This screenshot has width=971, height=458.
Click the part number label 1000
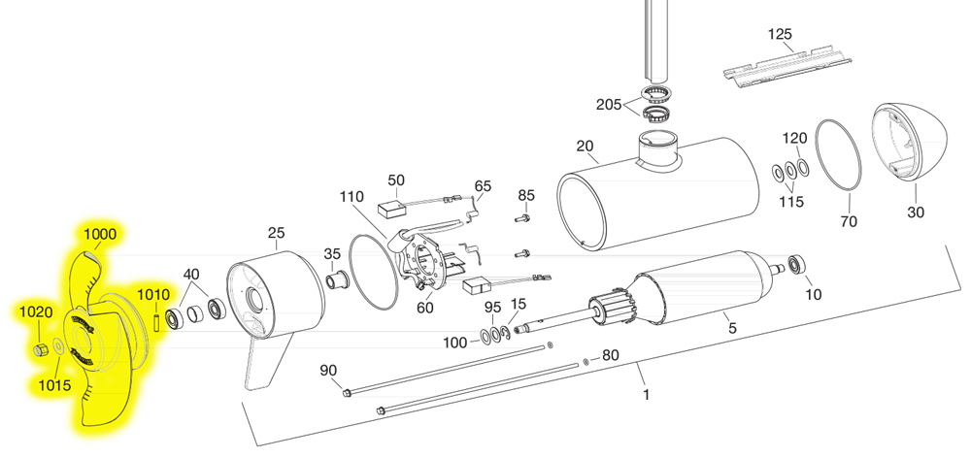pos(100,234)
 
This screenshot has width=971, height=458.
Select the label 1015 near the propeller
pos(54,385)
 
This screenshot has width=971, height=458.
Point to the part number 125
pos(781,34)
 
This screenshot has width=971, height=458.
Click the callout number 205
pos(609,105)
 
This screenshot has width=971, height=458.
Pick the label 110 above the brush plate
pos(352,196)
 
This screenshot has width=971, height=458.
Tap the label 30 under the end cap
pos(916,213)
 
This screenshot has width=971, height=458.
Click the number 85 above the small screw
pos(525,195)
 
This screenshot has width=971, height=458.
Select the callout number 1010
pos(152,293)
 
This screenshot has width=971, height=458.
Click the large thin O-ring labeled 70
pos(838,155)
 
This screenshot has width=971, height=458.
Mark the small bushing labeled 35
pos(338,281)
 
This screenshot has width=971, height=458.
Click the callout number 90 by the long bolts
pos(327,370)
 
